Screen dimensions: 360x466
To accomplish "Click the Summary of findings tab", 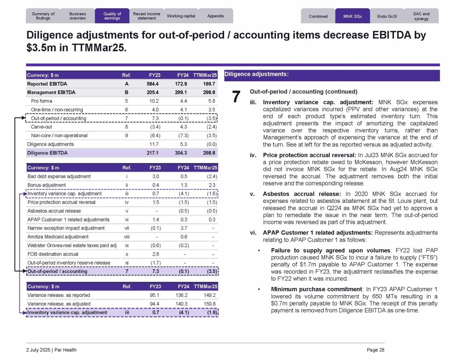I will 43,16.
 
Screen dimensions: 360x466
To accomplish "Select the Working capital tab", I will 181,16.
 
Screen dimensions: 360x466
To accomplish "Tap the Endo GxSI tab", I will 387,16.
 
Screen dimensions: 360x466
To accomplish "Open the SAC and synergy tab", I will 421,16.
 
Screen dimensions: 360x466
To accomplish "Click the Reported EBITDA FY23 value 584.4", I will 152,84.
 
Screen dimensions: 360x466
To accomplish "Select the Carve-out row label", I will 42,127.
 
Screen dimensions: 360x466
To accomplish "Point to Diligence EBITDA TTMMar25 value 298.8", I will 209,153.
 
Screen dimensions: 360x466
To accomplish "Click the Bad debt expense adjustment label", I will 59,177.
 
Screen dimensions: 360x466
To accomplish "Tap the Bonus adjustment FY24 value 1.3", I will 184,185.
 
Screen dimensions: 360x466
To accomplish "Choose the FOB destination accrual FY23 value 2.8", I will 156,254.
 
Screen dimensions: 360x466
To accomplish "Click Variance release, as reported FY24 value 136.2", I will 181,296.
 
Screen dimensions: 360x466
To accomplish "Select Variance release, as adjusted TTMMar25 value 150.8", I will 210,304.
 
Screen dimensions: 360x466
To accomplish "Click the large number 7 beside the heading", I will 236,97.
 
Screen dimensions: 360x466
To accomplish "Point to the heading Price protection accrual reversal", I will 309,155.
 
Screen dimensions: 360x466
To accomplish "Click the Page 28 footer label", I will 375,350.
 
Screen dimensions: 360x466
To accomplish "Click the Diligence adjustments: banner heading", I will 256,75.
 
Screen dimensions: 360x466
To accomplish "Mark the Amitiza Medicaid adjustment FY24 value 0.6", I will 184,237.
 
